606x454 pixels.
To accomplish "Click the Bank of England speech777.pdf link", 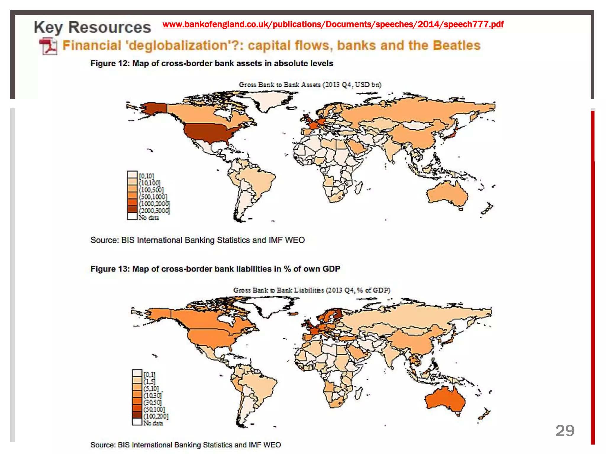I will [333, 24].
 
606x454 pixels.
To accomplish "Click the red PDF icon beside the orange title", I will [48, 46].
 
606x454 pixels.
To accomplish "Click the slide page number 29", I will [565, 431].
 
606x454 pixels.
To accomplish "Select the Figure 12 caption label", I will [212, 64].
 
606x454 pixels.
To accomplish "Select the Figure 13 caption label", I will [215, 269].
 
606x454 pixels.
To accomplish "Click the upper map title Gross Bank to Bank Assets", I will [310, 85].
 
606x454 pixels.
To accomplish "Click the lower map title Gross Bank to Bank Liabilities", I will [311, 290].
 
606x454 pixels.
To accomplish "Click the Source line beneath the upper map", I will [197, 240].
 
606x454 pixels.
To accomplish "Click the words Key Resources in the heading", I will [92, 27].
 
